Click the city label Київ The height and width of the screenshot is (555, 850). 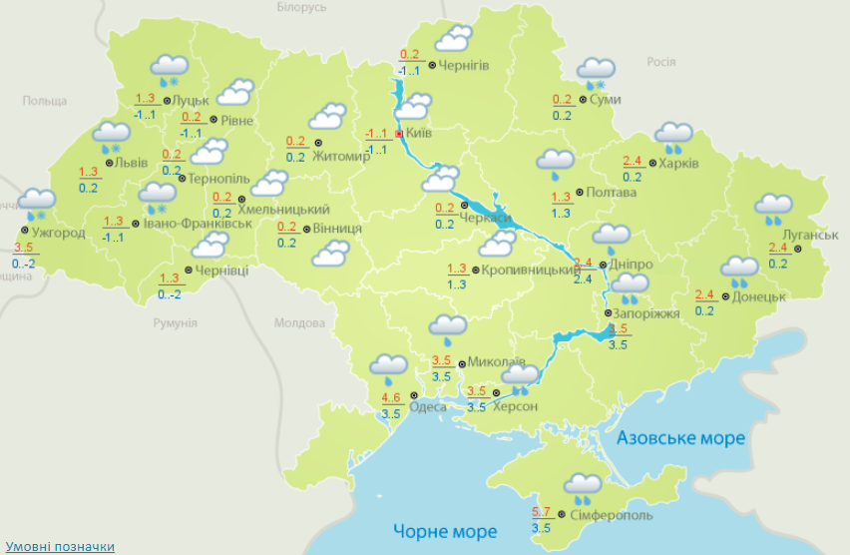[x=419, y=133]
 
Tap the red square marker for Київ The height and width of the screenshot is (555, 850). [x=399, y=133]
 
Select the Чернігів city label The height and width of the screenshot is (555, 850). [x=464, y=66]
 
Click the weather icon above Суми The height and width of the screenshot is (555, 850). [x=597, y=70]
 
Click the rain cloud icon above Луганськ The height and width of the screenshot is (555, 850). [x=773, y=208]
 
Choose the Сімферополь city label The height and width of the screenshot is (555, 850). [x=612, y=515]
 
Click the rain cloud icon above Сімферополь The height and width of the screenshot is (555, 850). [x=583, y=487]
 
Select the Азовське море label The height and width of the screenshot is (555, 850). [x=680, y=438]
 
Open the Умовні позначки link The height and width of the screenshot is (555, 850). [x=60, y=547]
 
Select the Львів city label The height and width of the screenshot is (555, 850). [x=131, y=163]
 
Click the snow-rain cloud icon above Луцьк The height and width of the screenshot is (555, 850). [x=170, y=69]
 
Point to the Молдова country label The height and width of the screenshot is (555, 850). [x=300, y=323]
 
